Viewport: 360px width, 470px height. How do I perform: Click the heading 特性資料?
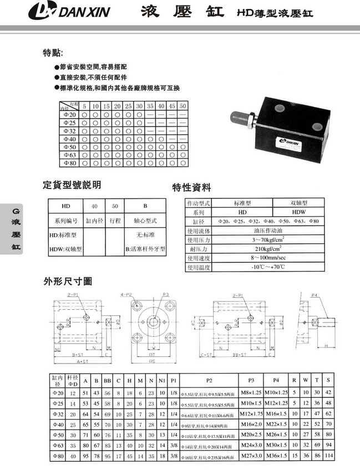[x=191, y=187]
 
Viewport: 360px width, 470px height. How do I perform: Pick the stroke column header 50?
[x=182, y=105]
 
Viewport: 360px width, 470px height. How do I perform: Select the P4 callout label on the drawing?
[x=315, y=295]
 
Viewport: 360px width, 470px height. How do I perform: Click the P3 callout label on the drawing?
[x=165, y=295]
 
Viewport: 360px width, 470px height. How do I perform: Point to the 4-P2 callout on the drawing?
[x=126, y=294]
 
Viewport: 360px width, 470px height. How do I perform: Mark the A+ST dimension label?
[x=84, y=361]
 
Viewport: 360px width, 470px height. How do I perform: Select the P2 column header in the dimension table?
[x=209, y=380]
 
